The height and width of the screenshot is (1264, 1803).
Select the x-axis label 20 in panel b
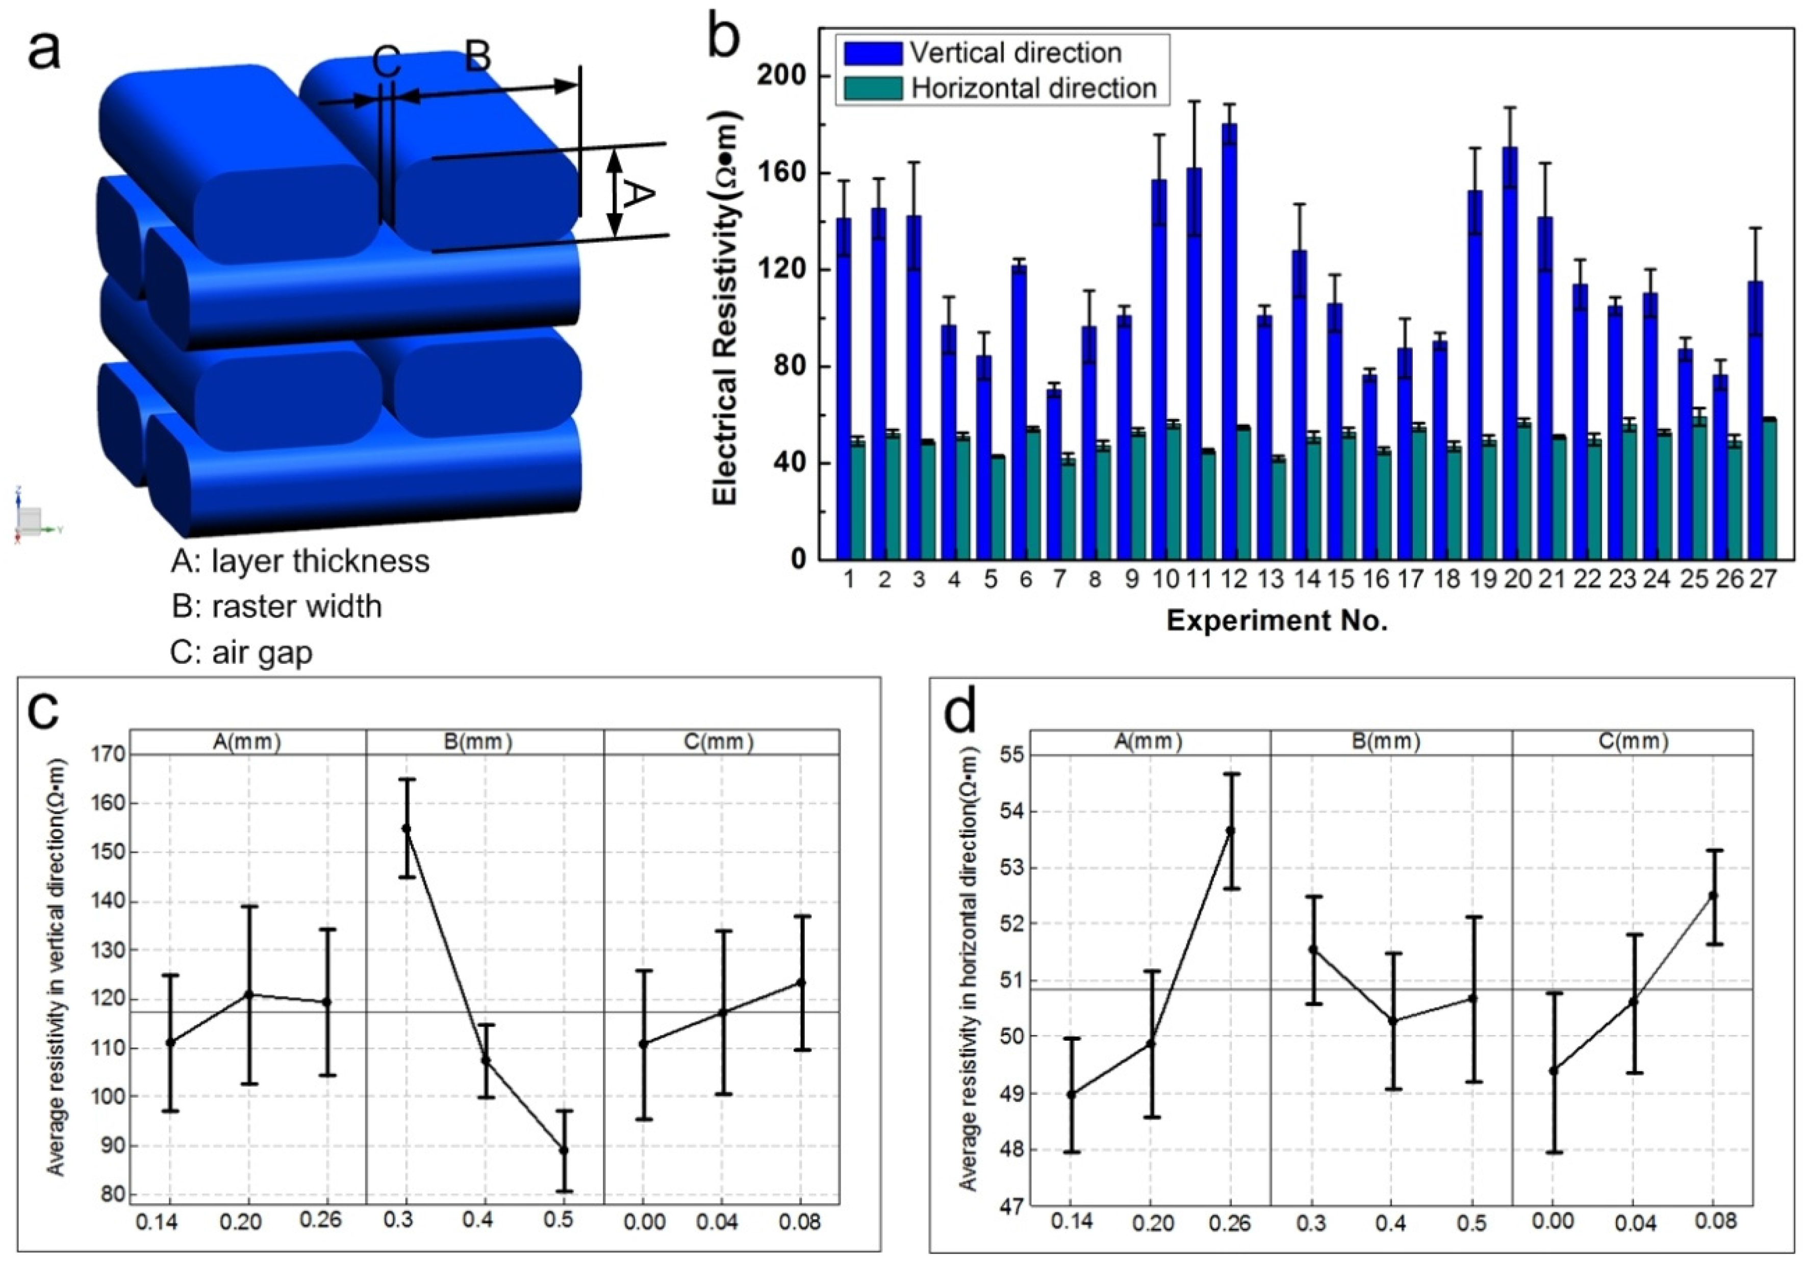point(1517,579)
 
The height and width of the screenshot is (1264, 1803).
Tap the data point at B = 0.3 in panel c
point(406,828)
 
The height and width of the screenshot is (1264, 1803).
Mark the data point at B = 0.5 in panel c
point(563,1150)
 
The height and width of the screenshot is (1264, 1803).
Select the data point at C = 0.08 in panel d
point(1713,895)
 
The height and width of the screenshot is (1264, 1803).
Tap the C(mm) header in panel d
point(1633,741)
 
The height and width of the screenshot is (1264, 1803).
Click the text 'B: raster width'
point(276,607)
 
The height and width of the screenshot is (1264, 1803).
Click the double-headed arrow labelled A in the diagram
point(615,193)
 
